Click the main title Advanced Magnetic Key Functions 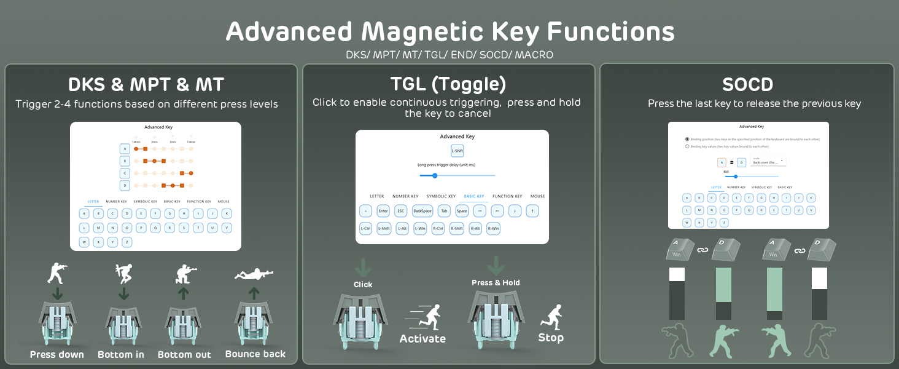[x=449, y=31]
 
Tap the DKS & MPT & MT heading [x=146, y=84]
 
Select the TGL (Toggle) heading [x=448, y=84]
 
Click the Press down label [x=57, y=354]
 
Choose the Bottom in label [x=121, y=354]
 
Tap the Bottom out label [x=184, y=354]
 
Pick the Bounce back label [x=255, y=354]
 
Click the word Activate [x=422, y=338]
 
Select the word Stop [x=551, y=338]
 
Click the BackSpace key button [x=422, y=211]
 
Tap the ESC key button [x=401, y=211]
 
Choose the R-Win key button [x=493, y=228]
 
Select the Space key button [x=462, y=211]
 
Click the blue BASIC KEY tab [x=473, y=196]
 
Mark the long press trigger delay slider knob [x=435, y=176]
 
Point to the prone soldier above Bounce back [x=254, y=274]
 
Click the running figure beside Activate [x=424, y=316]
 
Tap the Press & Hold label [x=496, y=283]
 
